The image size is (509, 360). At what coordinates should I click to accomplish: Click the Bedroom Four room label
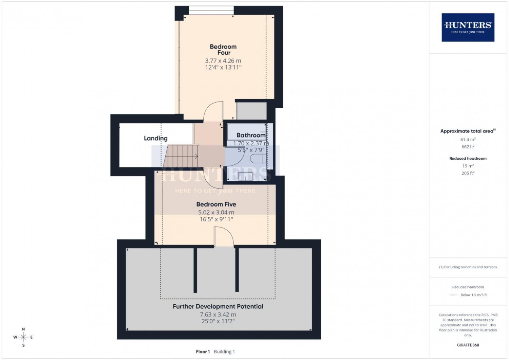coord(223,50)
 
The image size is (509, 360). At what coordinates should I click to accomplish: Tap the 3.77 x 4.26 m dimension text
coord(223,61)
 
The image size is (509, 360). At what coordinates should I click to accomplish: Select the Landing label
coord(156,138)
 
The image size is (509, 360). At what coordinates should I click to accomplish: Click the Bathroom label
coord(251,135)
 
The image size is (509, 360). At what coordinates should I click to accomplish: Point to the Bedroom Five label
coord(216,204)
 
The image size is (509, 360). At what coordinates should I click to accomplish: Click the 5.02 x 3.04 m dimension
coord(216,212)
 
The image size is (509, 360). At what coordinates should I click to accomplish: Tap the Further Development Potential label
coord(218,306)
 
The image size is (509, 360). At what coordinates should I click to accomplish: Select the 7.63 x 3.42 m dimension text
coord(218,314)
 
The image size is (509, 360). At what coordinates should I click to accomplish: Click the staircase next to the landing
coord(181,156)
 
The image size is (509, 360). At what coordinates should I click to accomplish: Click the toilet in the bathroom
coord(258,159)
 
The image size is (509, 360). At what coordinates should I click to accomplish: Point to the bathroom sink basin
coord(245,176)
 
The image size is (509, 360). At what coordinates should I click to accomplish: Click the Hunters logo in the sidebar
coord(468,28)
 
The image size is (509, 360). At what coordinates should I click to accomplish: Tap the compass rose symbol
coord(23,337)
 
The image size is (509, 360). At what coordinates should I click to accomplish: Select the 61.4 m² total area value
coord(468,139)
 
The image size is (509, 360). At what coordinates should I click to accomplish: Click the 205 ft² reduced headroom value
coord(468,173)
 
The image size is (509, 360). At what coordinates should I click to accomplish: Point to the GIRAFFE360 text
coord(468,345)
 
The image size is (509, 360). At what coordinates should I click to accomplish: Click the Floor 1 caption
coord(203,352)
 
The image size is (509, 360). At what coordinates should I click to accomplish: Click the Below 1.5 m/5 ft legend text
coord(474,295)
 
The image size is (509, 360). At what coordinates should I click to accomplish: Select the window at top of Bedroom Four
coord(211,11)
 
